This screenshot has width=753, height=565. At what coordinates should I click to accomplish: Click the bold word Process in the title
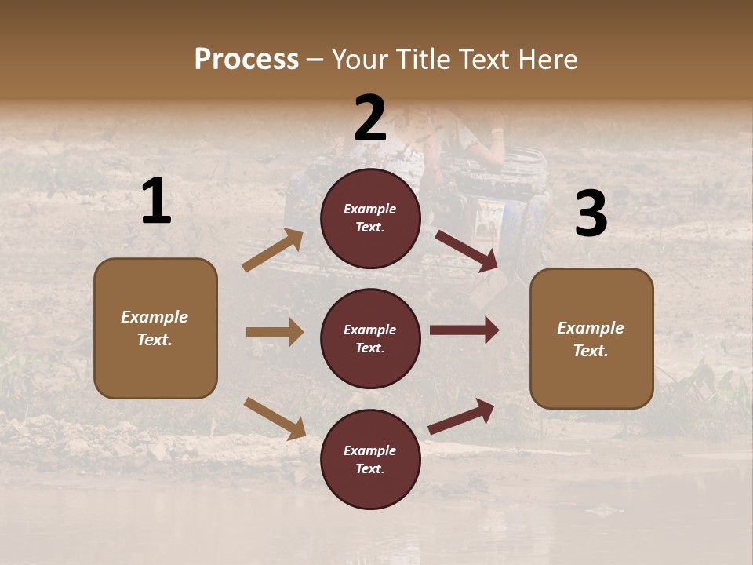click(x=246, y=59)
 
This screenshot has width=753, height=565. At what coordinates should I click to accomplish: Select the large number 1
click(x=156, y=202)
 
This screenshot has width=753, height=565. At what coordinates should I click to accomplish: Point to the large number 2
click(x=370, y=118)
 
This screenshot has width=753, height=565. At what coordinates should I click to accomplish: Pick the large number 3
click(x=591, y=213)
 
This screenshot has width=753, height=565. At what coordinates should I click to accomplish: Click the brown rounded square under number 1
click(x=155, y=328)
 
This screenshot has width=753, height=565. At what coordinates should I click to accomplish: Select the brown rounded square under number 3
click(x=591, y=338)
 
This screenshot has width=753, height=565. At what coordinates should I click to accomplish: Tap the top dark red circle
click(x=370, y=218)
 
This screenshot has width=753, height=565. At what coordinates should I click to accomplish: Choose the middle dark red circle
click(x=370, y=338)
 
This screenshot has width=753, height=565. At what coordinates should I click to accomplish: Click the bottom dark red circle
click(x=370, y=459)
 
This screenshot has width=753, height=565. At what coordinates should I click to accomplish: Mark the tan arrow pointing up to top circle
click(x=273, y=250)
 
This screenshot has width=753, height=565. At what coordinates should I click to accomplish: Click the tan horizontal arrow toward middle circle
click(x=275, y=332)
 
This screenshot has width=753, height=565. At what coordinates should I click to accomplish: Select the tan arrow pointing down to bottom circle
click(x=275, y=418)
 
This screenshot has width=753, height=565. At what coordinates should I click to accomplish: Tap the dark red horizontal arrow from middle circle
click(x=464, y=330)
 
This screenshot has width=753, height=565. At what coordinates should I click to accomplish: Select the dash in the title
click(x=315, y=60)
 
